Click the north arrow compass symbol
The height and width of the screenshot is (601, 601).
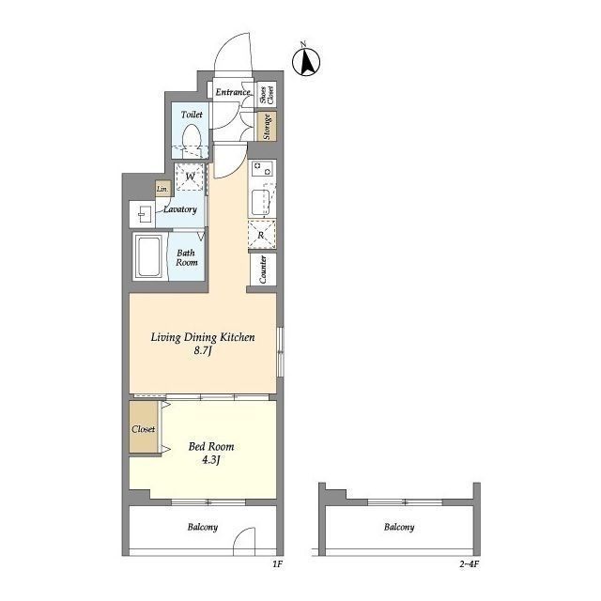(306, 61)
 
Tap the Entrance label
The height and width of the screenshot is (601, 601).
(233, 92)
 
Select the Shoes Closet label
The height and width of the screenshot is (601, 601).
(267, 95)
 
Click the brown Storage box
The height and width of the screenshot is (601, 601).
(267, 126)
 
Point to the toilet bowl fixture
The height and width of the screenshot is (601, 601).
(192, 140)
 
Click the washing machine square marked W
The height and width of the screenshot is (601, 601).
(190, 177)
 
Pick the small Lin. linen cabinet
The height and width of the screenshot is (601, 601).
(162, 189)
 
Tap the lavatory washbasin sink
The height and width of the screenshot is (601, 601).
(142, 214)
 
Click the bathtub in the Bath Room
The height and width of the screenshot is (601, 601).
(148, 256)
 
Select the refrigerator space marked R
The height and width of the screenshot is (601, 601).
(262, 235)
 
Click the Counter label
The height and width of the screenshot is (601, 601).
(263, 270)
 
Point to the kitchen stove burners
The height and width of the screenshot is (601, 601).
(263, 169)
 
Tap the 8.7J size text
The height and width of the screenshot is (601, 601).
(203, 350)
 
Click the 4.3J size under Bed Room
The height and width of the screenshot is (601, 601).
(210, 459)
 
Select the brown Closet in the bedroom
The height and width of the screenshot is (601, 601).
(144, 427)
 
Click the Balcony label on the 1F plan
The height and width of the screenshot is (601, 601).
(203, 527)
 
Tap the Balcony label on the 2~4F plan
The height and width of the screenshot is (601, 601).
(399, 527)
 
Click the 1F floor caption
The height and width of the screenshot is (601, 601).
(278, 564)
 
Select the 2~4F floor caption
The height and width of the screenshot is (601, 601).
(470, 564)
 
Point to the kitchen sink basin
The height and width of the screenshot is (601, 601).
(261, 202)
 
